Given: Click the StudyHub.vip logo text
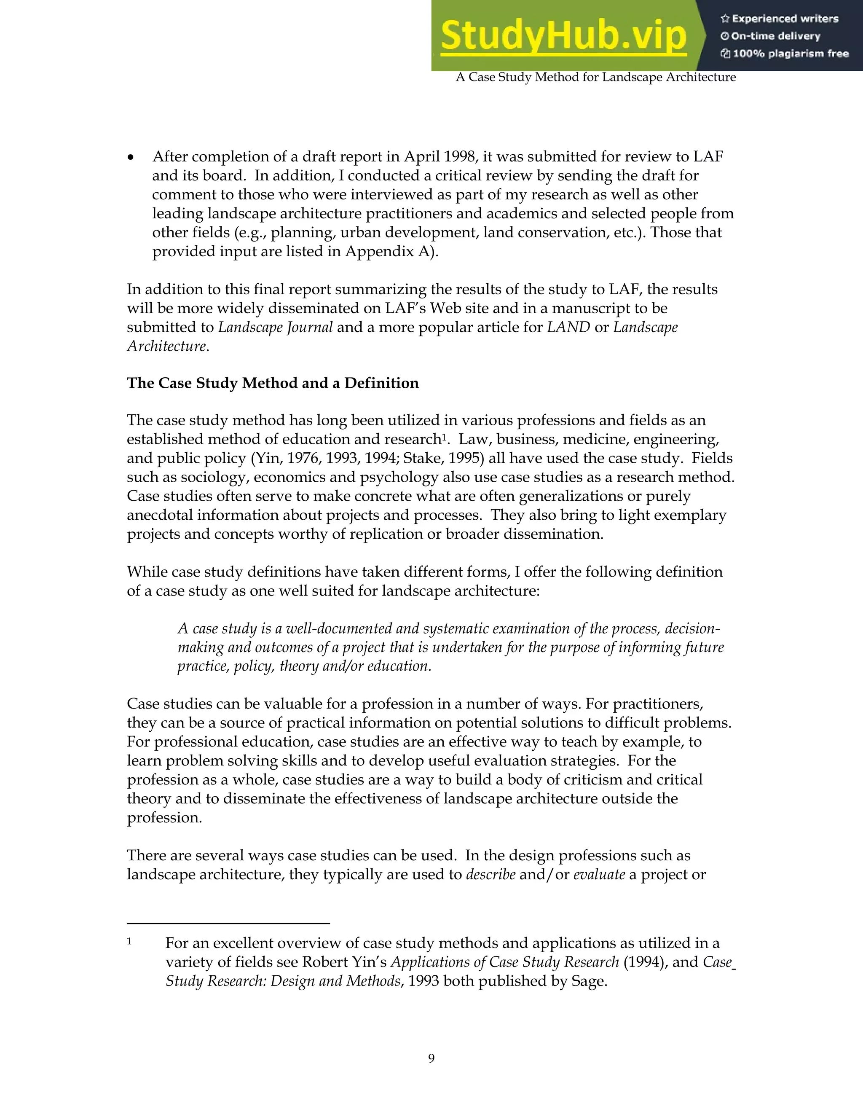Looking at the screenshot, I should pyautogui.click(x=563, y=36).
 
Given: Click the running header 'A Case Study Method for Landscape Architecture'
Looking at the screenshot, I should pyautogui.click(x=595, y=77).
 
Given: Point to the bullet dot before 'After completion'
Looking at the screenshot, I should pyautogui.click(x=131, y=158).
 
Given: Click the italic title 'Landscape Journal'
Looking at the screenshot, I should pyautogui.click(x=275, y=328).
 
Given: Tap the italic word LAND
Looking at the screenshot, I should pyautogui.click(x=568, y=328).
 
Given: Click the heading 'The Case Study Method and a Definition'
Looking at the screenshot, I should pyautogui.click(x=273, y=383).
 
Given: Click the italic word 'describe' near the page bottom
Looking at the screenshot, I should pyautogui.click(x=490, y=875).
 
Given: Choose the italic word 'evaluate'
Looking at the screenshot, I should pyautogui.click(x=599, y=875).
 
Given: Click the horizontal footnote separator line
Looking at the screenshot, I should pyautogui.click(x=228, y=923).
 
